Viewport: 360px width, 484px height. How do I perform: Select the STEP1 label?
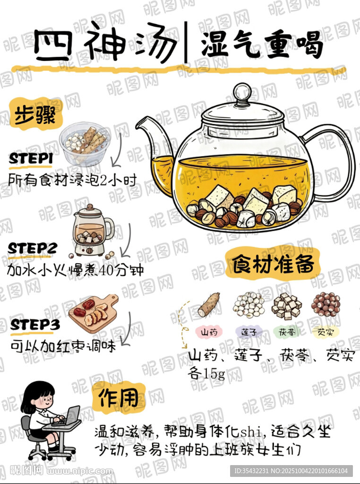[x=31, y=159]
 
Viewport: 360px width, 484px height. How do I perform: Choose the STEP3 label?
[x=34, y=325]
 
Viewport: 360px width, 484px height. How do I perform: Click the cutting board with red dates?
[x=94, y=313]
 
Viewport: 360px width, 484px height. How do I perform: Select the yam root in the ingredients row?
[x=209, y=305]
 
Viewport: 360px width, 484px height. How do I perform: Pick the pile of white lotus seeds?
[x=249, y=305]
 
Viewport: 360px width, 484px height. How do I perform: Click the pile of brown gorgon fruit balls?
[x=326, y=304]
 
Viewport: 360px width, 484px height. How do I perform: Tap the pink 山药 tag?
[x=209, y=332]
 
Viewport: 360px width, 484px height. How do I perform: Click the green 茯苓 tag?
[x=287, y=332]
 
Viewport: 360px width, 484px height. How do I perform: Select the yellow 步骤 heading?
[x=35, y=114]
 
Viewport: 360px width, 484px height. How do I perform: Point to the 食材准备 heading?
[x=274, y=264]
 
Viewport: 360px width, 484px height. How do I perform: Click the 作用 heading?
[x=119, y=398]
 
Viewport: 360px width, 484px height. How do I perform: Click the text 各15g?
[x=206, y=374]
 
